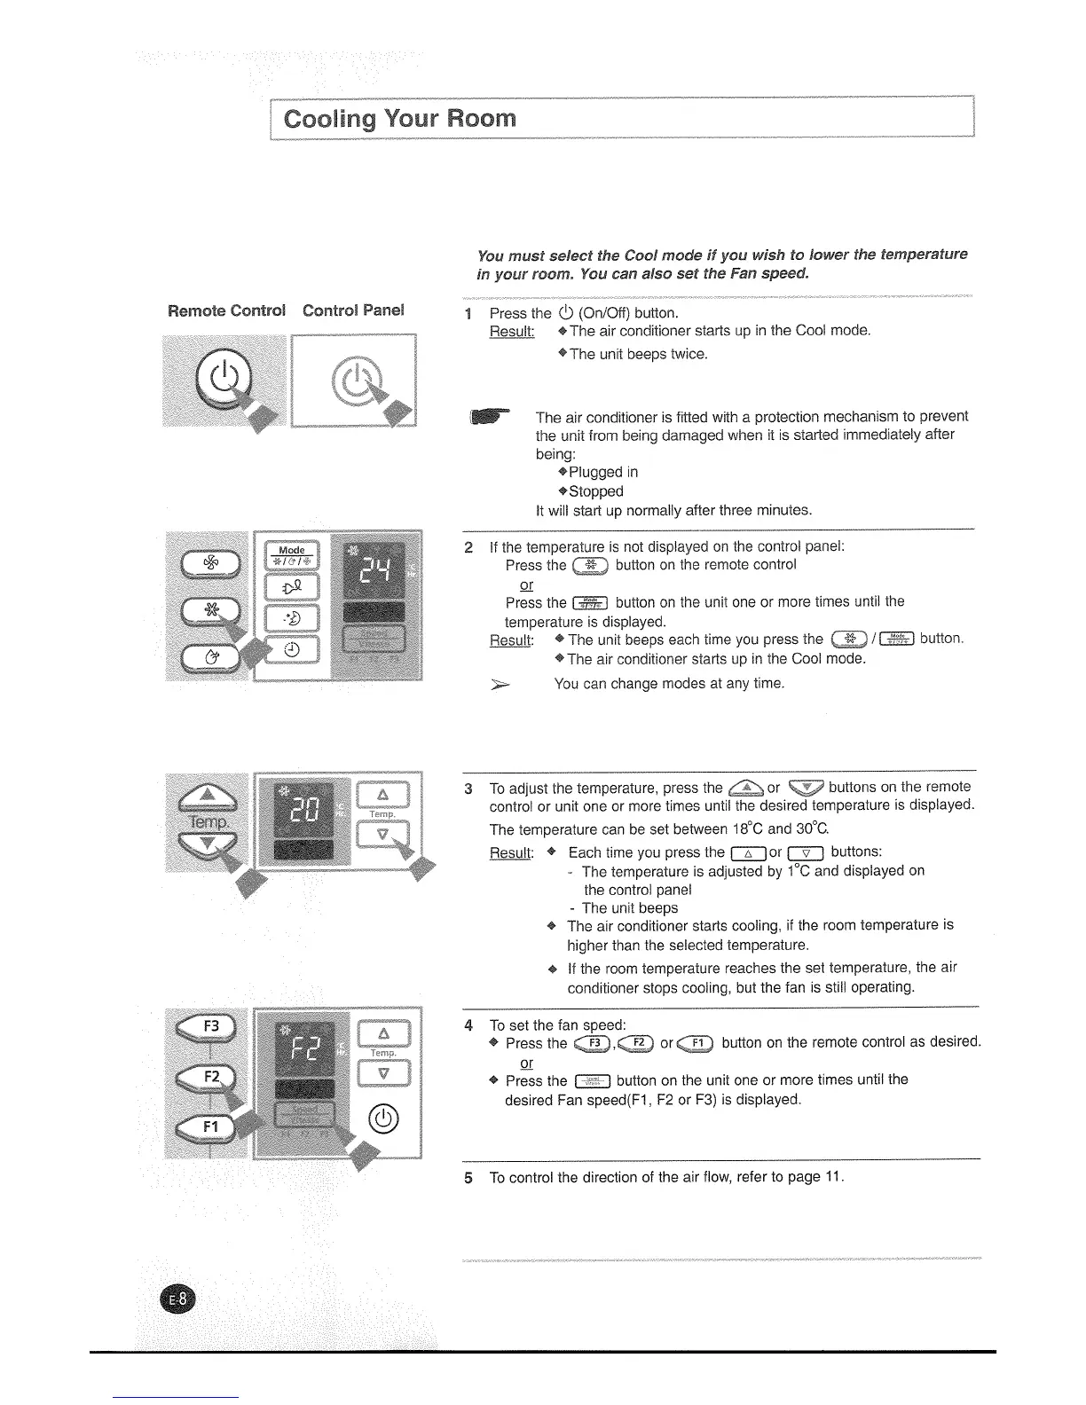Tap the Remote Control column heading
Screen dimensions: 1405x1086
pyautogui.click(x=226, y=310)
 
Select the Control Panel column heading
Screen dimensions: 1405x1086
pyautogui.click(x=353, y=310)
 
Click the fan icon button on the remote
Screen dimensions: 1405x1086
pyautogui.click(x=209, y=562)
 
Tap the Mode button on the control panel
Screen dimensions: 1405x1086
pyautogui.click(x=292, y=556)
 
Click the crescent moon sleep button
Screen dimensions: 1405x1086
pyautogui.click(x=292, y=618)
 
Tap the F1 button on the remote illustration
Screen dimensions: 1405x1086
pyautogui.click(x=209, y=1126)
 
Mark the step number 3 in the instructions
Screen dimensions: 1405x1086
pyautogui.click(x=468, y=789)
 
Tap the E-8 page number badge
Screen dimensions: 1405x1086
pyautogui.click(x=182, y=1299)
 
